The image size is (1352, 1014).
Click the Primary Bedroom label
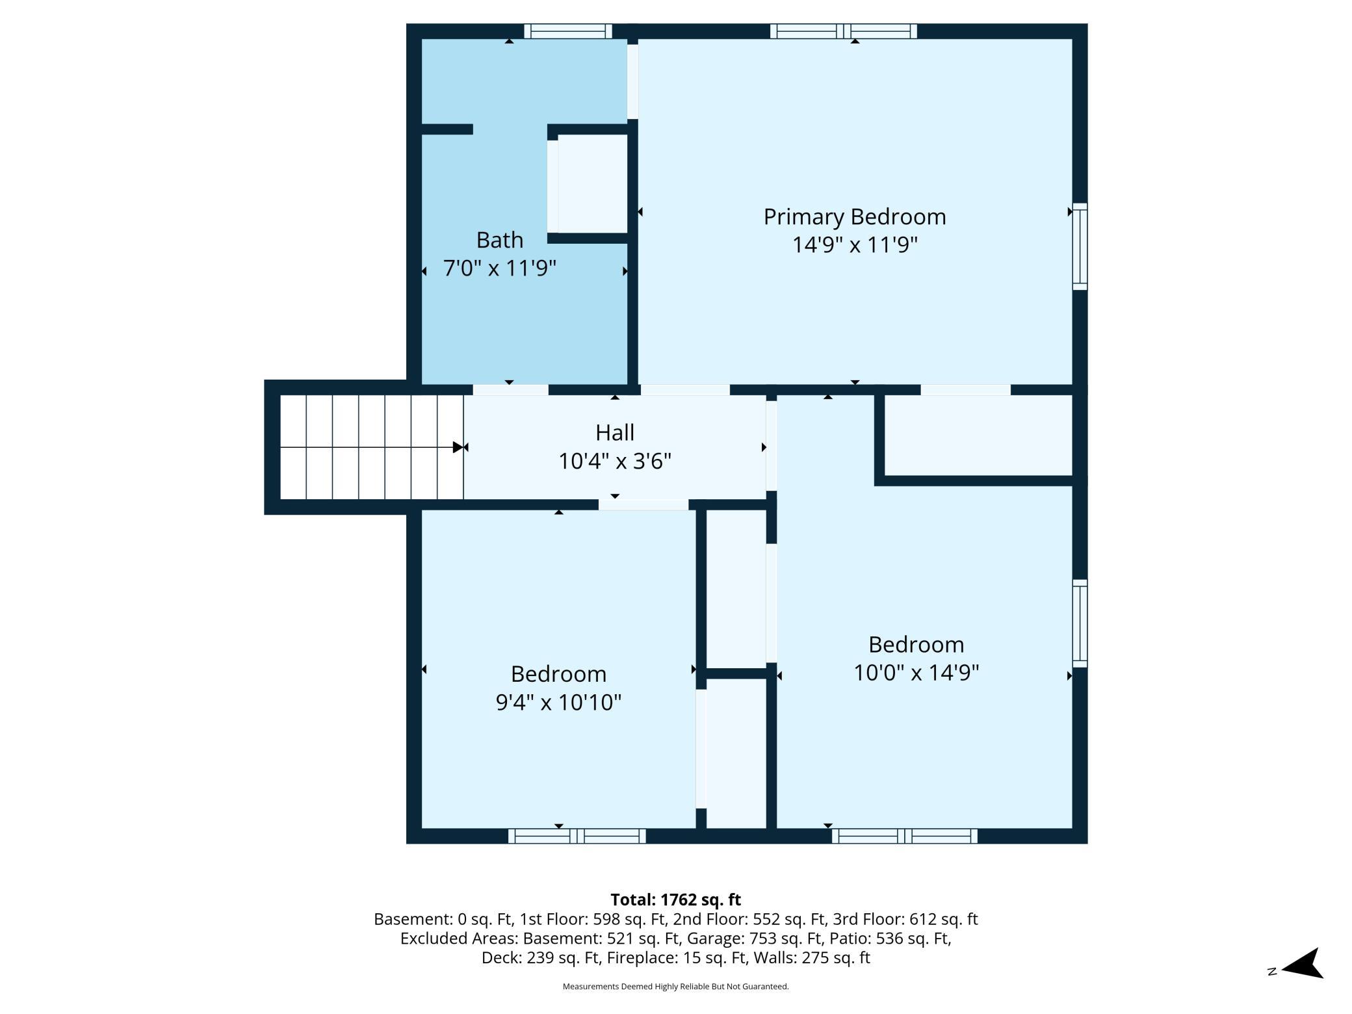pos(854,217)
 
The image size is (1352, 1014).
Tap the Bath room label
pos(499,240)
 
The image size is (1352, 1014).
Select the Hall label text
pos(615,432)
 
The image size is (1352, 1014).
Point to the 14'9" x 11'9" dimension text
pos(854,245)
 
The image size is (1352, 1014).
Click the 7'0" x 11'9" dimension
pos(499,268)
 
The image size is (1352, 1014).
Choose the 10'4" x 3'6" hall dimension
pos(615,461)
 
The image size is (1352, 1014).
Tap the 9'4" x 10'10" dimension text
pos(558,702)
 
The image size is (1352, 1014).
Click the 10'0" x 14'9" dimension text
pos(916,673)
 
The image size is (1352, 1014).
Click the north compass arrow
pos(1302,963)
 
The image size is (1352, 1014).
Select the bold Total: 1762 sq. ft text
pos(675,900)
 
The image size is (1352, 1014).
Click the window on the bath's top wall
pos(568,31)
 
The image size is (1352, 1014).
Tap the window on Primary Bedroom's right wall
pos(1080,246)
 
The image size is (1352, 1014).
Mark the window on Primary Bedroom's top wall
pos(843,31)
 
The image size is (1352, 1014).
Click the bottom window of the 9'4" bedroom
pos(577,836)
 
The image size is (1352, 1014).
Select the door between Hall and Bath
pos(510,390)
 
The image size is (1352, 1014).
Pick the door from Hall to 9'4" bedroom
pos(643,505)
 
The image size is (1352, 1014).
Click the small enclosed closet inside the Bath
pos(592,183)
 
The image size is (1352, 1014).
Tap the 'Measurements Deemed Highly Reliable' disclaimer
pos(675,987)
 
